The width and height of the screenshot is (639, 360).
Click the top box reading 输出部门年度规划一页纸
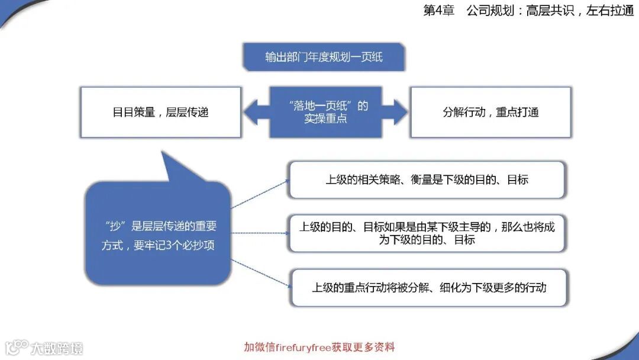pos(324,57)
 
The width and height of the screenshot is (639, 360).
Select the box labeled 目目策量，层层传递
pos(160,112)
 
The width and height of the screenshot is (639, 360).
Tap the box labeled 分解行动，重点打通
pos(490,112)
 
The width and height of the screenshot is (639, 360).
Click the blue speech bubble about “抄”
pos(157,234)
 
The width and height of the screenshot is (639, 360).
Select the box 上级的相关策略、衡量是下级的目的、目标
pos(427,179)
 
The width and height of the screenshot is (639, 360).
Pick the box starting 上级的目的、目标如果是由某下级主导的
pos(427,233)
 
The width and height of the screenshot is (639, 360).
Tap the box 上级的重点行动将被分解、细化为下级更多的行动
pos(429,288)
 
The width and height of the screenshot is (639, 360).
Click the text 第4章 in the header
pos(438,11)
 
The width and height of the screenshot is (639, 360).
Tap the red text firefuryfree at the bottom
pos(308,347)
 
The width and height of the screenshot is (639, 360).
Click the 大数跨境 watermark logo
pos(44,347)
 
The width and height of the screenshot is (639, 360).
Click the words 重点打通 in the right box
pos(517,112)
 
